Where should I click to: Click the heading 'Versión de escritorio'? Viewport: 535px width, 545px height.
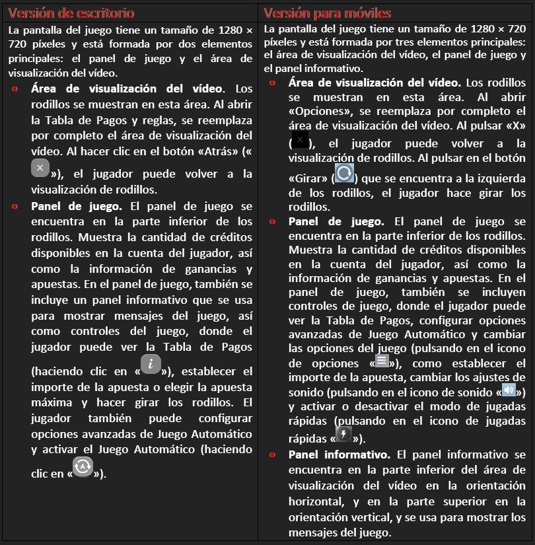tap(71, 13)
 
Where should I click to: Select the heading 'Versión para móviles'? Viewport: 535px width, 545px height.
tap(327, 13)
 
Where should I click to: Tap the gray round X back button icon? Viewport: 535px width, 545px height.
tap(40, 168)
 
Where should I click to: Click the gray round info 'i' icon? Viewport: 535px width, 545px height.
tap(151, 363)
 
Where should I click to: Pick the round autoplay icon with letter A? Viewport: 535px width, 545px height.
tap(83, 466)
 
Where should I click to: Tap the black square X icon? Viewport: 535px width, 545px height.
tap(300, 140)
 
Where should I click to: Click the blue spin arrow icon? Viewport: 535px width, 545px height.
tap(344, 173)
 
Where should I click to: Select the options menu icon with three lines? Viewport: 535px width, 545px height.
tap(382, 361)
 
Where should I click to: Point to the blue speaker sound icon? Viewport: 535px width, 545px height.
tap(509, 390)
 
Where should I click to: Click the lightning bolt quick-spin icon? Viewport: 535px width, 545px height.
tap(343, 433)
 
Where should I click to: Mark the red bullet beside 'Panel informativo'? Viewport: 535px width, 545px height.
tap(273, 454)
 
